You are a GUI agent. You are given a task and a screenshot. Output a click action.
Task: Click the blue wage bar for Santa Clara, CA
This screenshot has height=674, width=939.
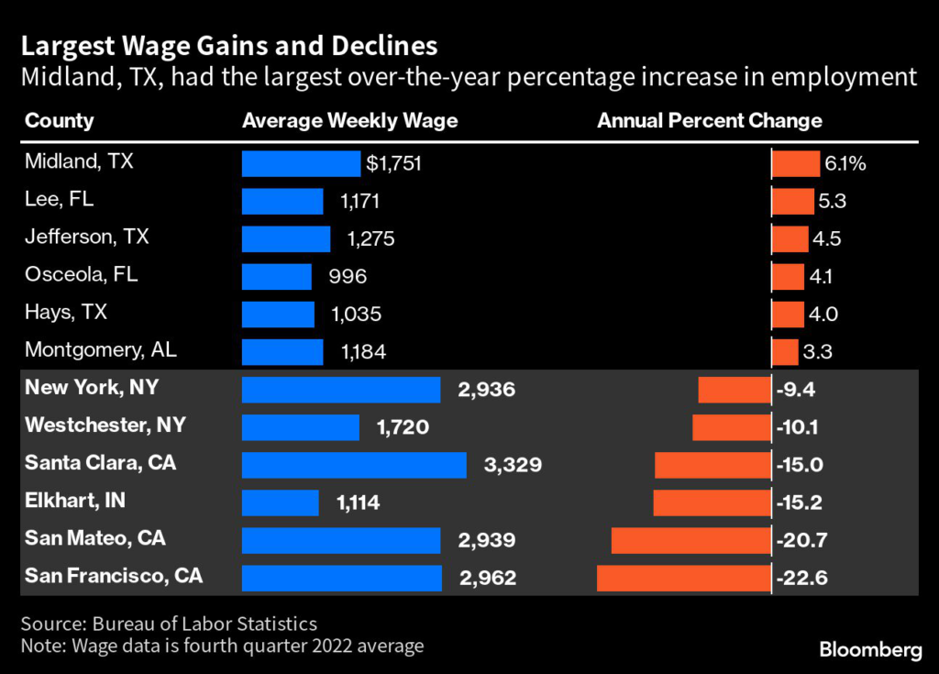pos(354,465)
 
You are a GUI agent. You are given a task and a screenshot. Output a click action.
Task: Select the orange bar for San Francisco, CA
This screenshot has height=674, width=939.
pos(683,578)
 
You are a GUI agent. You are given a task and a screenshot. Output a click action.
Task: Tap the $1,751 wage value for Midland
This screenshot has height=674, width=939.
pos(392,163)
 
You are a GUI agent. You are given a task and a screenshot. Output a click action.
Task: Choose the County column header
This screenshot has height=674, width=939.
pos(60,121)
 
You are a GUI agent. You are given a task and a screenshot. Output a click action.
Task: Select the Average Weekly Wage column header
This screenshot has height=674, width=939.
pos(349,121)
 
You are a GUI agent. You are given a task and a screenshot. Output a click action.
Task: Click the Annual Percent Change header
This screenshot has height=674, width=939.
pos(710,121)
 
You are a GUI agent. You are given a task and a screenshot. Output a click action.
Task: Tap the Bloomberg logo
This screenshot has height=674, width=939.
pos(870,650)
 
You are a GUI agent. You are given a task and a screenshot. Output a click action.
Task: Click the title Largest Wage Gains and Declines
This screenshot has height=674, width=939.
pos(228,46)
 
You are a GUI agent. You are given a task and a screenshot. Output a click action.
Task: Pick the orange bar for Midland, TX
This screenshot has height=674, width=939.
pos(795,163)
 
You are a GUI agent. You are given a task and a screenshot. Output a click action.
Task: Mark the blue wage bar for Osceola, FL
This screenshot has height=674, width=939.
pos(278,276)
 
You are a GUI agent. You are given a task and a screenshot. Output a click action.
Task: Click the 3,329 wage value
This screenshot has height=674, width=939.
pos(513,465)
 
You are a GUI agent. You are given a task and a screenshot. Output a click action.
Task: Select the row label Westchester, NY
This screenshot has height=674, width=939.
pos(105,425)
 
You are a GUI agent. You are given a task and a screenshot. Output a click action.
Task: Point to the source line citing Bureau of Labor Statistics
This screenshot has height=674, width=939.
pos(169,624)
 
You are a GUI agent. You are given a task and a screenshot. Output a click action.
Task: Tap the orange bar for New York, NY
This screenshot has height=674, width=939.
pos(735,390)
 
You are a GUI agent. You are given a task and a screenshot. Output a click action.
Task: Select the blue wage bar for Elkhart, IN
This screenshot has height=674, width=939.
pos(280,503)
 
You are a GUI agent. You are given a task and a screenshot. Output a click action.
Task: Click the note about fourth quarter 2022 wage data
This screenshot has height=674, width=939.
pos(222,646)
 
